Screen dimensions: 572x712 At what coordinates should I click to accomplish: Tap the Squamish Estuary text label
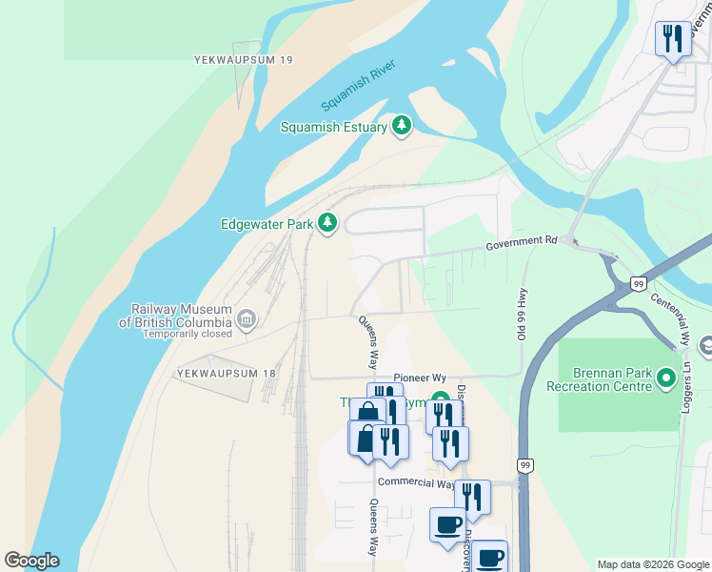click(x=333, y=127)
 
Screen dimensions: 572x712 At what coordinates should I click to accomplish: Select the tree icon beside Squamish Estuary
click(x=402, y=126)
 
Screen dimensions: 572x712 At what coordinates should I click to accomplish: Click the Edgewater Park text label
click(x=267, y=225)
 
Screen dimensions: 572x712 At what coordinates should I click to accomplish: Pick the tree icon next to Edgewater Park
click(x=327, y=223)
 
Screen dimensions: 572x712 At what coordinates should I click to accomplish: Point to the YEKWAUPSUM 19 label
click(x=243, y=60)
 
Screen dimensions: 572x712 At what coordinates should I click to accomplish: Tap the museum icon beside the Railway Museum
click(x=247, y=317)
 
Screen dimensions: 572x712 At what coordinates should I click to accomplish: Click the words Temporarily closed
click(x=188, y=335)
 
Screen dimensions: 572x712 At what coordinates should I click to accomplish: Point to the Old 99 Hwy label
click(x=522, y=313)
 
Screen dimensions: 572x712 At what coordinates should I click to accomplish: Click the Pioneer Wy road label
click(x=406, y=378)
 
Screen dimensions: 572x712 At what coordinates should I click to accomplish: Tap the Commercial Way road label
click(x=415, y=483)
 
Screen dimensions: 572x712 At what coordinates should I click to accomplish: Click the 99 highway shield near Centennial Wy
click(x=639, y=284)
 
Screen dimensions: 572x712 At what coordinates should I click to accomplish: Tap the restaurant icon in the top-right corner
click(x=673, y=39)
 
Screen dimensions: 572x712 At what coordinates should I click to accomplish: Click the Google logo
click(x=31, y=561)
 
